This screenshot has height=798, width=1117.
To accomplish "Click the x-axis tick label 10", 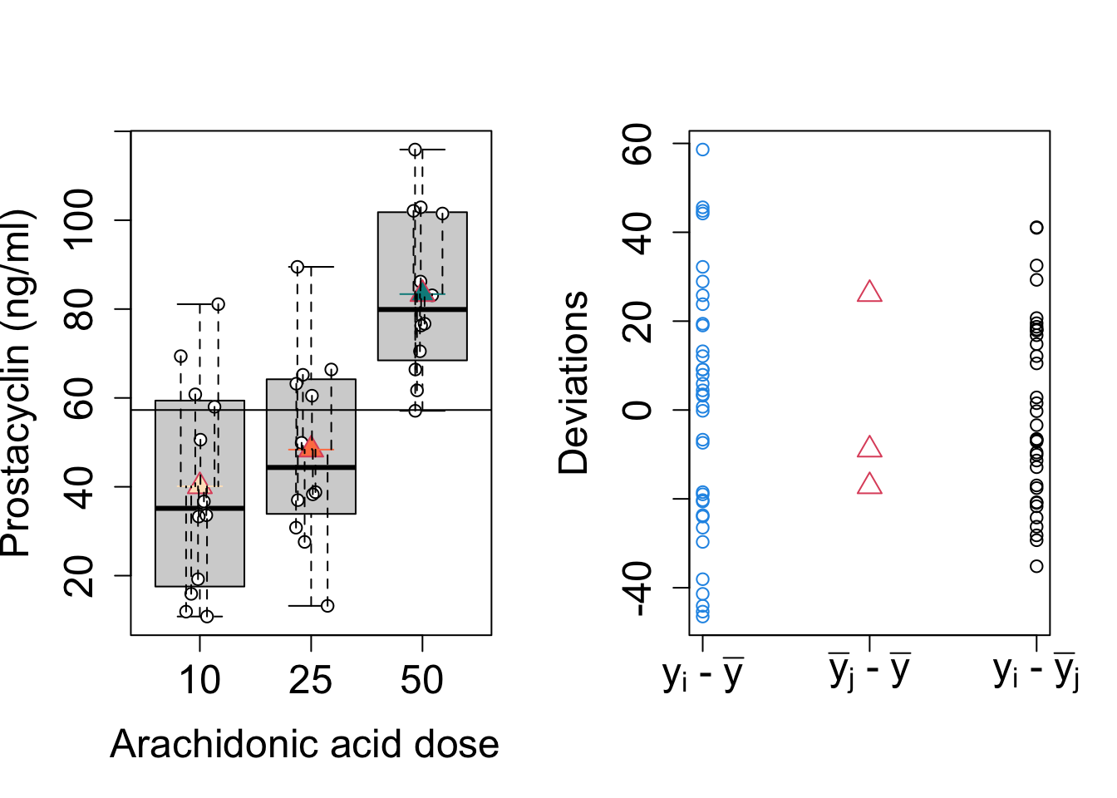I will (199, 681).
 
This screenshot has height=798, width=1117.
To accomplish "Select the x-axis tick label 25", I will (311, 681).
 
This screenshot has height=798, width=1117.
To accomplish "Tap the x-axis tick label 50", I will (421, 681).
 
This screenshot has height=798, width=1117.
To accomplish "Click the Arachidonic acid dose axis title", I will (304, 744).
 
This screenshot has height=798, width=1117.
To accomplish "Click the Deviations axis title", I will (573, 383).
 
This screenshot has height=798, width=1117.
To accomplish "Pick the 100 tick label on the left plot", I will (81, 219).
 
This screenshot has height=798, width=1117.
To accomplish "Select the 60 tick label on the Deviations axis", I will (639, 144).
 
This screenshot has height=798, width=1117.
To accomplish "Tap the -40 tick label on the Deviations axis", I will (639, 588).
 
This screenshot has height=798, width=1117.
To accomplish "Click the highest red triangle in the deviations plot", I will (869, 292).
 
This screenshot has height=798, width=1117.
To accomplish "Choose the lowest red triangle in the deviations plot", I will (869, 484).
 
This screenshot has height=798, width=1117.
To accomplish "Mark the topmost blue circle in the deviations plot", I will (702, 150).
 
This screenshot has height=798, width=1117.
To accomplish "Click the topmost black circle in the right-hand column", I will (1036, 228).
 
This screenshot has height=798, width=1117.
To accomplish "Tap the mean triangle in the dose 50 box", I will (422, 292).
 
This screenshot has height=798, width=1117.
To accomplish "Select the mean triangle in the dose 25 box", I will (311, 448).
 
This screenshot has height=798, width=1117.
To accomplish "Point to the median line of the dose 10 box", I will (199, 508).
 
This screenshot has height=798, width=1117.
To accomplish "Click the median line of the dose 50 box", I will (422, 309).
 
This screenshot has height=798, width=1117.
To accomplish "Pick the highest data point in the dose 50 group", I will (415, 150).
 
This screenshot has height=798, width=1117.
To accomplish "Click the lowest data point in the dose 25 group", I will (327, 606).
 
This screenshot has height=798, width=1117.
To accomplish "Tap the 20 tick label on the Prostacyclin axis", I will (81, 575).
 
